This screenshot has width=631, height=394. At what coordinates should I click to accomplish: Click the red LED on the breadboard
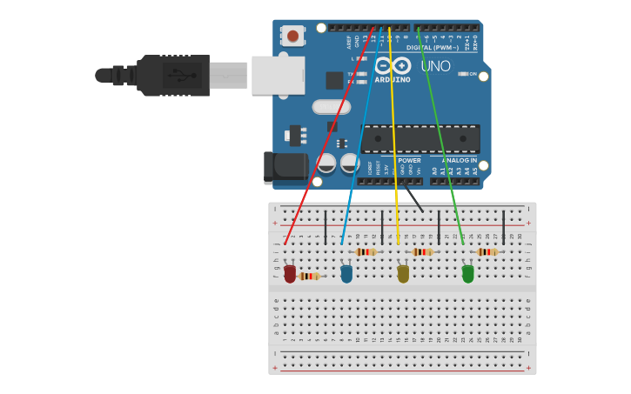tap(290, 274)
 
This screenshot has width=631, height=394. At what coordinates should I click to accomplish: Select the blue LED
tap(346, 274)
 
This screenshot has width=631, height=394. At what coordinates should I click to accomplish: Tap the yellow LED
tap(403, 274)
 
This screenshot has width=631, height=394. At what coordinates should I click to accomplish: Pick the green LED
tap(468, 274)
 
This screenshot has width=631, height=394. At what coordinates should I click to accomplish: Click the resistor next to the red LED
tap(309, 276)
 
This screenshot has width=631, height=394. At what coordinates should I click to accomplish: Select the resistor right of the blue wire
tap(366, 251)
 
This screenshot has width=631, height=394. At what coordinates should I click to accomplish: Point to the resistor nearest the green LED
tap(487, 251)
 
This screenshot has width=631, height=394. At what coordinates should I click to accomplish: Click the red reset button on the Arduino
tap(293, 36)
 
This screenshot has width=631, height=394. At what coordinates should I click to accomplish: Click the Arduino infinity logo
tap(393, 65)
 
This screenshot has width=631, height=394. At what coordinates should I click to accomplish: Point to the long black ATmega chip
tap(420, 138)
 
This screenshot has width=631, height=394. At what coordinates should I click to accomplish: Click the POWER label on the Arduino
tap(409, 160)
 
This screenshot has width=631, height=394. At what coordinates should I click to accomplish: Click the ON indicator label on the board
tap(473, 74)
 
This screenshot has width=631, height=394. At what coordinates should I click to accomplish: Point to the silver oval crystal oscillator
tap(331, 107)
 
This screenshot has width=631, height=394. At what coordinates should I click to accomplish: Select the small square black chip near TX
tap(334, 80)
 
